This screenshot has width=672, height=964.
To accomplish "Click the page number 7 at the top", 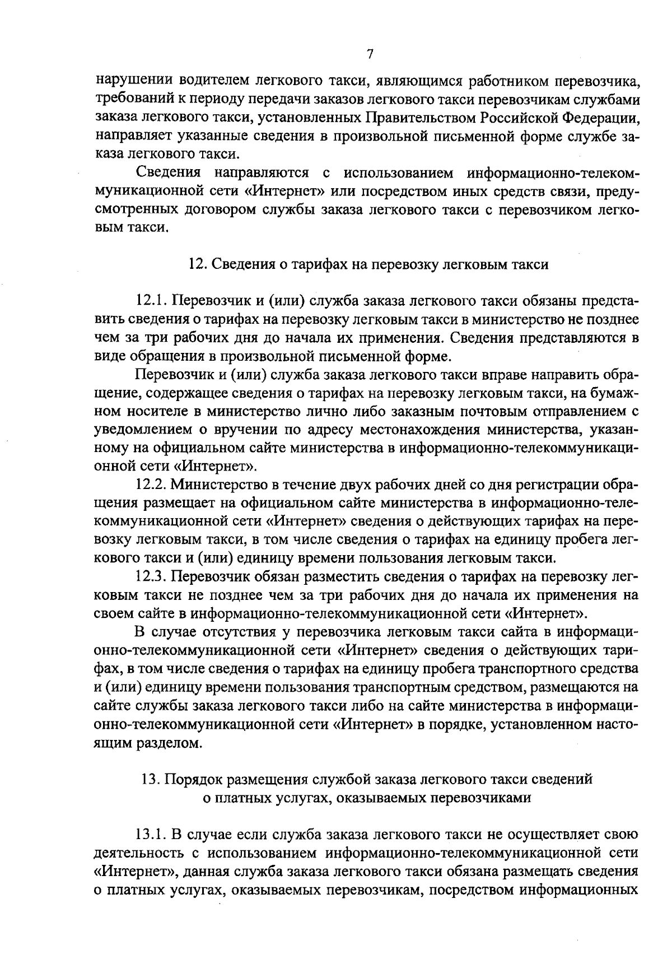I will [369, 54].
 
